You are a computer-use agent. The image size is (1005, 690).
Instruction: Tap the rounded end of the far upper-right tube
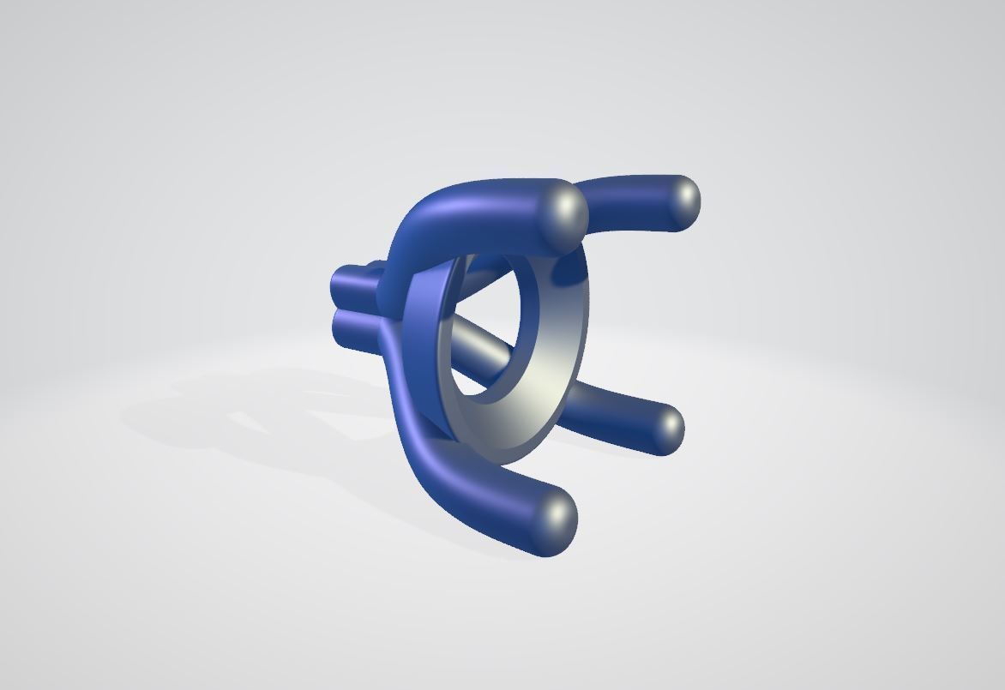683,202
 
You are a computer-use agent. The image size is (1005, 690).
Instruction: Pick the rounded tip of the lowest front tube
557,517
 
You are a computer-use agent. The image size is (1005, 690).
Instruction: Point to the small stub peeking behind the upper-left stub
376,267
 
